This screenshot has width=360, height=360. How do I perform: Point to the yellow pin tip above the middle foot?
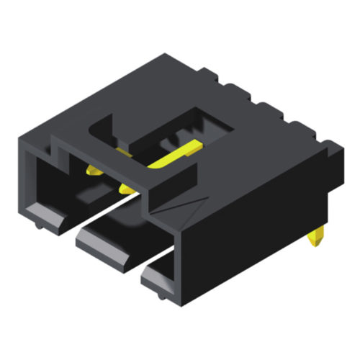point(127,189)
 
